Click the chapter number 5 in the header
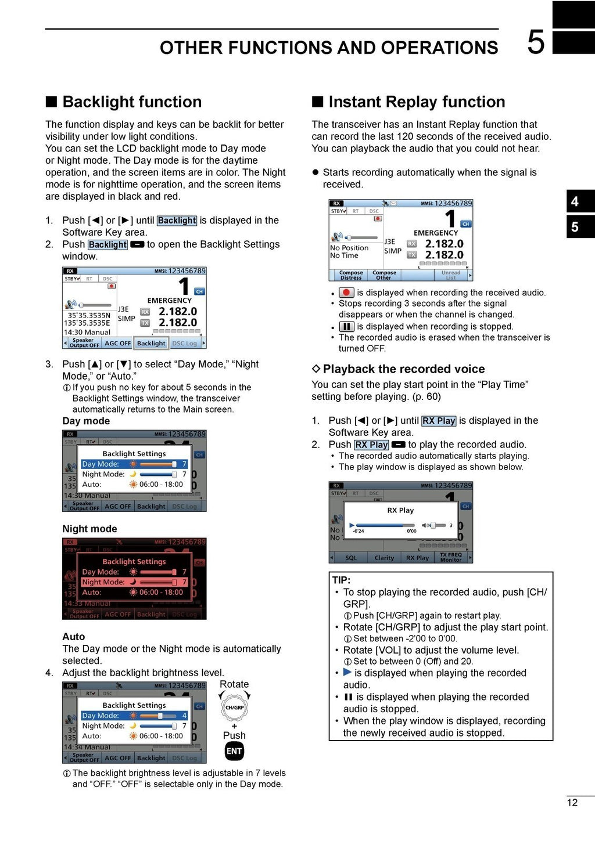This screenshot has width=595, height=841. pyautogui.click(x=536, y=42)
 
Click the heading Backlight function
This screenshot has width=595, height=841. pyautogui.click(x=131, y=102)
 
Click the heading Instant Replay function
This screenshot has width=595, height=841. pyautogui.click(x=416, y=102)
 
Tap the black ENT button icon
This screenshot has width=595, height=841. pyautogui.click(x=234, y=751)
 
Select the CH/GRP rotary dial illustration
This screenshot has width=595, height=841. pyautogui.click(x=234, y=708)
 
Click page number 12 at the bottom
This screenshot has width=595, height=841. pyautogui.click(x=572, y=803)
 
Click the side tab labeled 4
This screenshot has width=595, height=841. pyautogui.click(x=575, y=201)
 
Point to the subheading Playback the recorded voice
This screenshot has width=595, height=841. pyautogui.click(x=403, y=369)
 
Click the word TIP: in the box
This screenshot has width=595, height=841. pyautogui.click(x=342, y=580)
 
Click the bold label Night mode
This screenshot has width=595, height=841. pyautogui.click(x=89, y=529)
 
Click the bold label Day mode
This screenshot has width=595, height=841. pyautogui.click(x=86, y=421)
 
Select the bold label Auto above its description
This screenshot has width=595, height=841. pyautogui.click(x=73, y=637)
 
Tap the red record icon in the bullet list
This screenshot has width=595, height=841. pyautogui.click(x=346, y=293)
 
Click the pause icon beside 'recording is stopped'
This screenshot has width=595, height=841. pyautogui.click(x=346, y=327)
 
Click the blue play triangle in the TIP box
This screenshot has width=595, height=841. pyautogui.click(x=347, y=672)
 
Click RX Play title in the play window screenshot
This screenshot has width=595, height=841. pyautogui.click(x=400, y=510)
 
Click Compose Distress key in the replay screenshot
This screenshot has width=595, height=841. pyautogui.click(x=351, y=275)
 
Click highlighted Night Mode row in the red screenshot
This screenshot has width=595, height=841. pyautogui.click(x=134, y=582)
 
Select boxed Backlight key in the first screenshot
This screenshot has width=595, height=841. pyautogui.click(x=151, y=343)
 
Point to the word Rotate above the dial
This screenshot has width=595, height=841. pyautogui.click(x=234, y=684)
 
